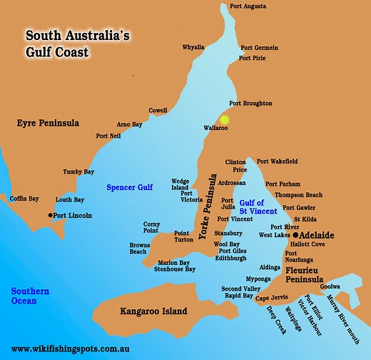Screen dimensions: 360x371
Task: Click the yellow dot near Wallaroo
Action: tap(225, 120)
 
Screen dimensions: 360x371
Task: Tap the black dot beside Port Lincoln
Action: tap(51, 215)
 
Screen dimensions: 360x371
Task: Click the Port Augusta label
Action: tap(248, 6)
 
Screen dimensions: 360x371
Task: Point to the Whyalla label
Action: tap(193, 47)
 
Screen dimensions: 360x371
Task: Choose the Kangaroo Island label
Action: tap(153, 311)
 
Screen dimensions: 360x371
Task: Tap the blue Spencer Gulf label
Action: tap(130, 188)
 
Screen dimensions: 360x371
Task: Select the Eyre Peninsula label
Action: tap(48, 124)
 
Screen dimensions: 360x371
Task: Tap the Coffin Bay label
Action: tap(24, 199)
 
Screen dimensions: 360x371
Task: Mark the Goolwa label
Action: tap(330, 286)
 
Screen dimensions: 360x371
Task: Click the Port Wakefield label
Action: tap(278, 161)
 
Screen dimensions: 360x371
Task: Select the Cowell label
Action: tap(158, 111)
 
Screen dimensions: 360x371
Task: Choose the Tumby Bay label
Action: tap(78, 172)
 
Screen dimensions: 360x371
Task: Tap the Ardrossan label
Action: tap(238, 181)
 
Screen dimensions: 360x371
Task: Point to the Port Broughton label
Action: tap(250, 104)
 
